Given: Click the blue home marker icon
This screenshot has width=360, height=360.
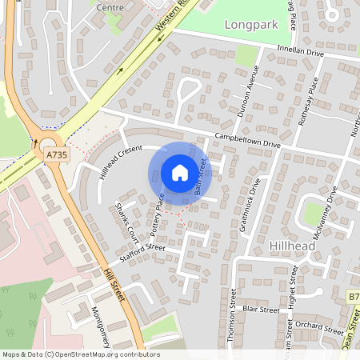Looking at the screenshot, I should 180,173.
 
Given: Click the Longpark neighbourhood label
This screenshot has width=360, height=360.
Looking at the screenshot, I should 250,24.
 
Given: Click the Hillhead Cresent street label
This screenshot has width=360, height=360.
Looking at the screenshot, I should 120,162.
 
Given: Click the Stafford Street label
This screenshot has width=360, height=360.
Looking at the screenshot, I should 142,252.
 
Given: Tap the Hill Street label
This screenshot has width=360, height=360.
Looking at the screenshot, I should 115,286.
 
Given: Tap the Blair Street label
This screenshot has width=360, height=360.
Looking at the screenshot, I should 261,309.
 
